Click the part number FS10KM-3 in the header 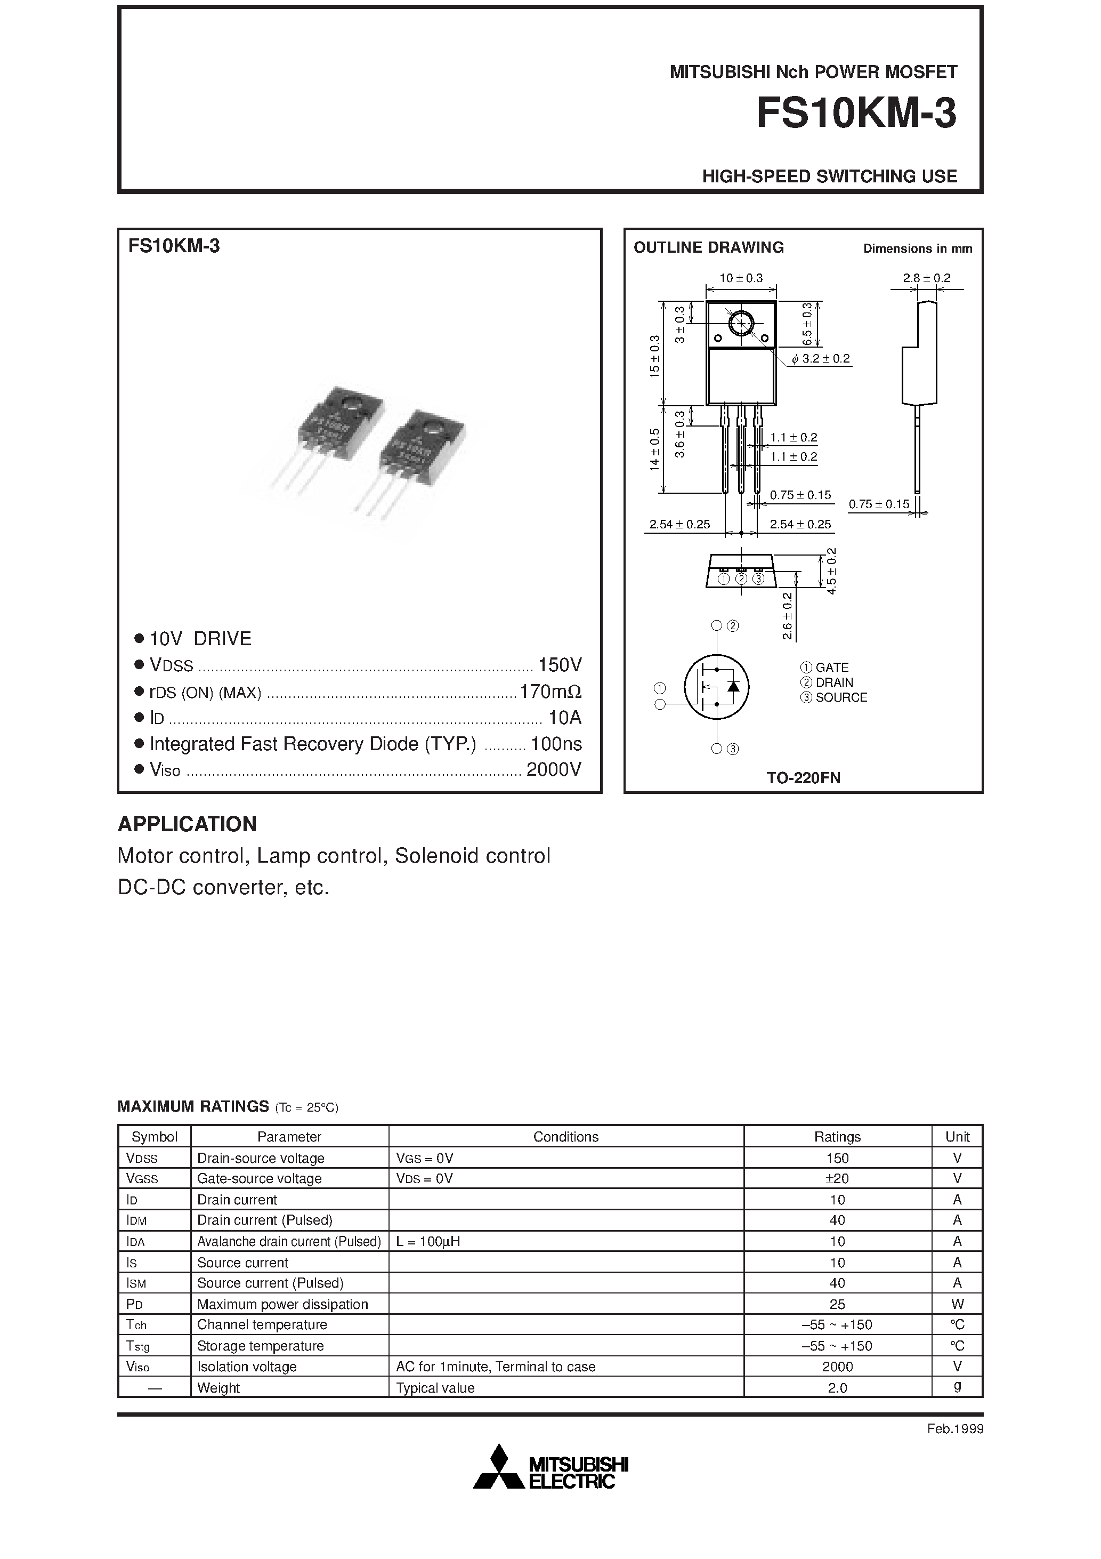(856, 114)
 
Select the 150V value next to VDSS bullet (560, 665)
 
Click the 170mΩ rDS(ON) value (550, 692)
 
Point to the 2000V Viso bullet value (554, 769)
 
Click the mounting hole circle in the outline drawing (741, 323)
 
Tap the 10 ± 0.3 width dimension (741, 278)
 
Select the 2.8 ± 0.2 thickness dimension (927, 278)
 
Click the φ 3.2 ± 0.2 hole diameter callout (821, 358)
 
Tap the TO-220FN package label (803, 778)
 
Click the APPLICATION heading (188, 824)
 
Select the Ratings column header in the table (837, 1137)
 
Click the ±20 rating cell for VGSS (837, 1179)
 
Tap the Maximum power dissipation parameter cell (282, 1304)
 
